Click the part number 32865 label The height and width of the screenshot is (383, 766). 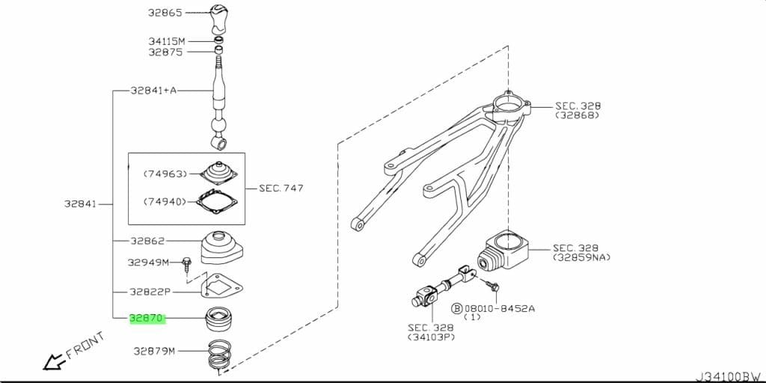point(165,13)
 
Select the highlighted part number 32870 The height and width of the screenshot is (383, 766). point(147,318)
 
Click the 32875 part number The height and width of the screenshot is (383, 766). point(165,52)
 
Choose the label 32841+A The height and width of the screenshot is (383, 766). point(153,91)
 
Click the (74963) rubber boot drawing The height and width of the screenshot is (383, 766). point(218,173)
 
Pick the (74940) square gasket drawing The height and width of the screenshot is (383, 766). point(218,201)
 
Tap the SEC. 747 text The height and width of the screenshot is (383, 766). point(281,188)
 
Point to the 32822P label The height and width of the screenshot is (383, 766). point(150,292)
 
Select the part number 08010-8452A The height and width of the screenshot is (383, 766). point(499,307)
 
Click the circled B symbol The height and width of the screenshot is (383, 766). point(456,307)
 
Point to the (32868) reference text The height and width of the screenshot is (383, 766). point(577,116)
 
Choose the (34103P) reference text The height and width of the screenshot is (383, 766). point(431,337)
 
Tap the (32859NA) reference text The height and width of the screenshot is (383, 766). point(581,257)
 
